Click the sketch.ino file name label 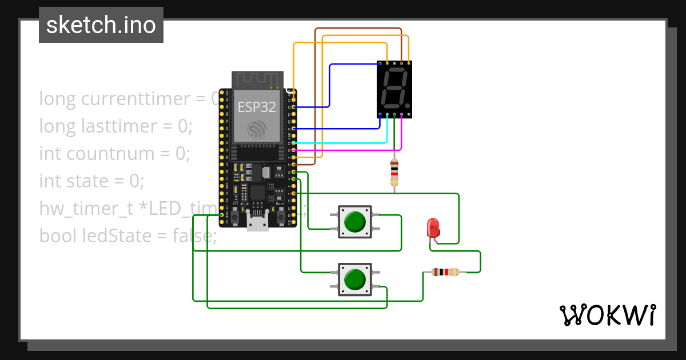click(101, 25)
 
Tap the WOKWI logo click(607, 315)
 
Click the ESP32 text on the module click(257, 107)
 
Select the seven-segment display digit click(394, 89)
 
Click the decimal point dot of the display click(407, 106)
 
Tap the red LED click(433, 227)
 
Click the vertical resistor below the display click(394, 172)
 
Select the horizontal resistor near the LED click(445, 272)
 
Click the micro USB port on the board click(257, 222)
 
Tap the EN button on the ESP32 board click(235, 217)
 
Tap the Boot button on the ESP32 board click(281, 217)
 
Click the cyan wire click(343, 143)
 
